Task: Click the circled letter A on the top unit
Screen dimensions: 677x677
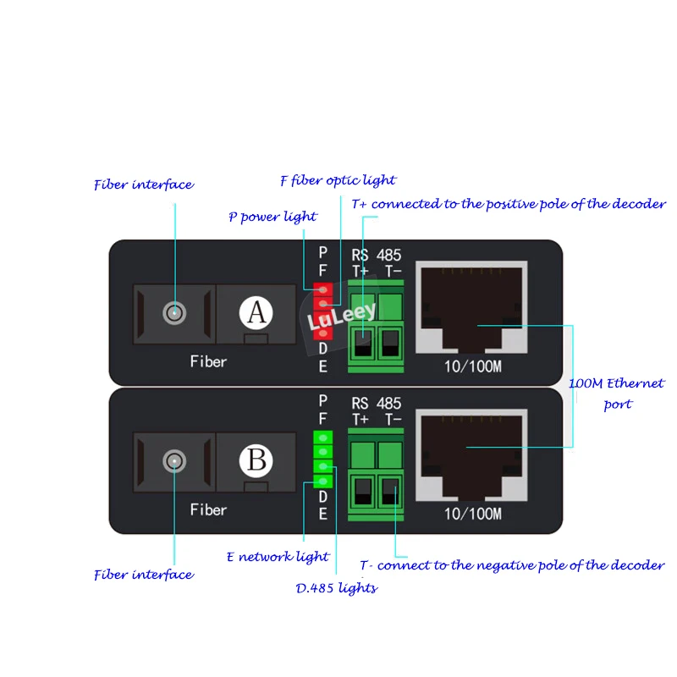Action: click(x=256, y=314)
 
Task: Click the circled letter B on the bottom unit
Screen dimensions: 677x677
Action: click(x=256, y=460)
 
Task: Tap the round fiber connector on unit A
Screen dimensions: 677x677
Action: click(x=174, y=313)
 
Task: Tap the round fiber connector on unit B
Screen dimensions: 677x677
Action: click(x=174, y=460)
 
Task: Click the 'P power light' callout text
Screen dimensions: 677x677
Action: click(x=272, y=217)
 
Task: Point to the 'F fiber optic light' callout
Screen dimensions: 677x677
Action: click(x=338, y=180)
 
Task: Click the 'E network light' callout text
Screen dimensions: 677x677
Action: click(x=278, y=556)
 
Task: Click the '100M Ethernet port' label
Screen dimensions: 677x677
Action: click(x=617, y=394)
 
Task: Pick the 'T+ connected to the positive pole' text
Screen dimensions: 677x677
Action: click(x=508, y=204)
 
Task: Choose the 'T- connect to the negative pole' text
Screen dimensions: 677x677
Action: click(x=511, y=565)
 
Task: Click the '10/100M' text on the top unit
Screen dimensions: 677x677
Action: click(x=472, y=366)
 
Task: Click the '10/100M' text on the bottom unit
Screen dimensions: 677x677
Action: click(x=472, y=514)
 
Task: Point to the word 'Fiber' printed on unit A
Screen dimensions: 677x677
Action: click(x=208, y=361)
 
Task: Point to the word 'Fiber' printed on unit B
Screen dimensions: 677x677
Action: click(x=208, y=509)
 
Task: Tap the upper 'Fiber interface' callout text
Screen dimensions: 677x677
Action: click(x=143, y=184)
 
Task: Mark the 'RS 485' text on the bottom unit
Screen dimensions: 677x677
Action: click(x=376, y=404)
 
